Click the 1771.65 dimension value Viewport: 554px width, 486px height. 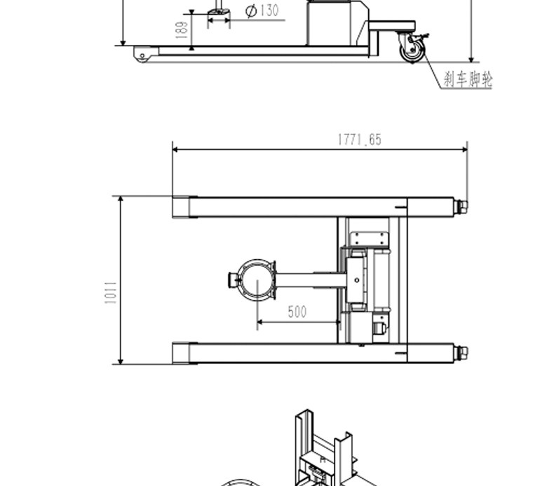(x=360, y=140)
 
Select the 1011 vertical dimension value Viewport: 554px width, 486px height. (x=111, y=293)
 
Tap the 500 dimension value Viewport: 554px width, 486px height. (x=297, y=312)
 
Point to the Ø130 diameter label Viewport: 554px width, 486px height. (x=262, y=11)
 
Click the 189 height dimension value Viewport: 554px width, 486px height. (x=181, y=30)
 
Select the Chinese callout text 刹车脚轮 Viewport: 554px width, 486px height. (x=468, y=79)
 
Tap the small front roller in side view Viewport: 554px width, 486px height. (x=142, y=56)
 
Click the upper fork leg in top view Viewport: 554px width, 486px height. (x=313, y=207)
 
